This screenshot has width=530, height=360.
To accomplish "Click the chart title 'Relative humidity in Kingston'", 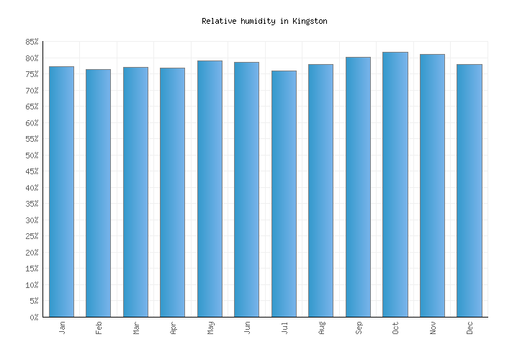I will [x=264, y=22].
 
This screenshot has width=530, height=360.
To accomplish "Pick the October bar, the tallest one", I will [x=395, y=184].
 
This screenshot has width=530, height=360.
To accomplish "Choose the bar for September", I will [x=358, y=186].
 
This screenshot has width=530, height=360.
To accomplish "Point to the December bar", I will [x=469, y=190].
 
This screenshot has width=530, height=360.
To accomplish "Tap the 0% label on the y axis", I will [x=32, y=318].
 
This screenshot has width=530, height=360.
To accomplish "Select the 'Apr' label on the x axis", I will [x=173, y=328].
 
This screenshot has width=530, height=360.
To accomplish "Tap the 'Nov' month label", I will [x=432, y=328].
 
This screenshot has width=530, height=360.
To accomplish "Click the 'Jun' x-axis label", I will [x=247, y=328].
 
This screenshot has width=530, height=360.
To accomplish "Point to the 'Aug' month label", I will [x=321, y=328].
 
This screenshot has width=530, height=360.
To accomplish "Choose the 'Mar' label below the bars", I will [x=136, y=328].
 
